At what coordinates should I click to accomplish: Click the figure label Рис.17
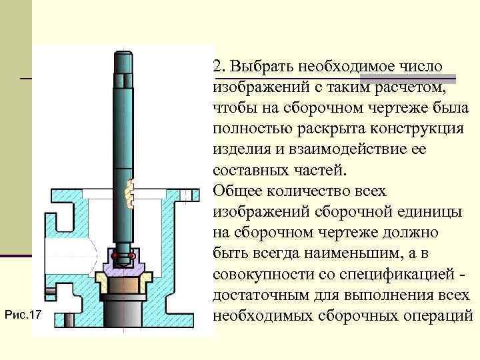coord(23,313)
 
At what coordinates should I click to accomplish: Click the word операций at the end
coord(435,315)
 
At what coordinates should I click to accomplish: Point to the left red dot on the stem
coord(115,255)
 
